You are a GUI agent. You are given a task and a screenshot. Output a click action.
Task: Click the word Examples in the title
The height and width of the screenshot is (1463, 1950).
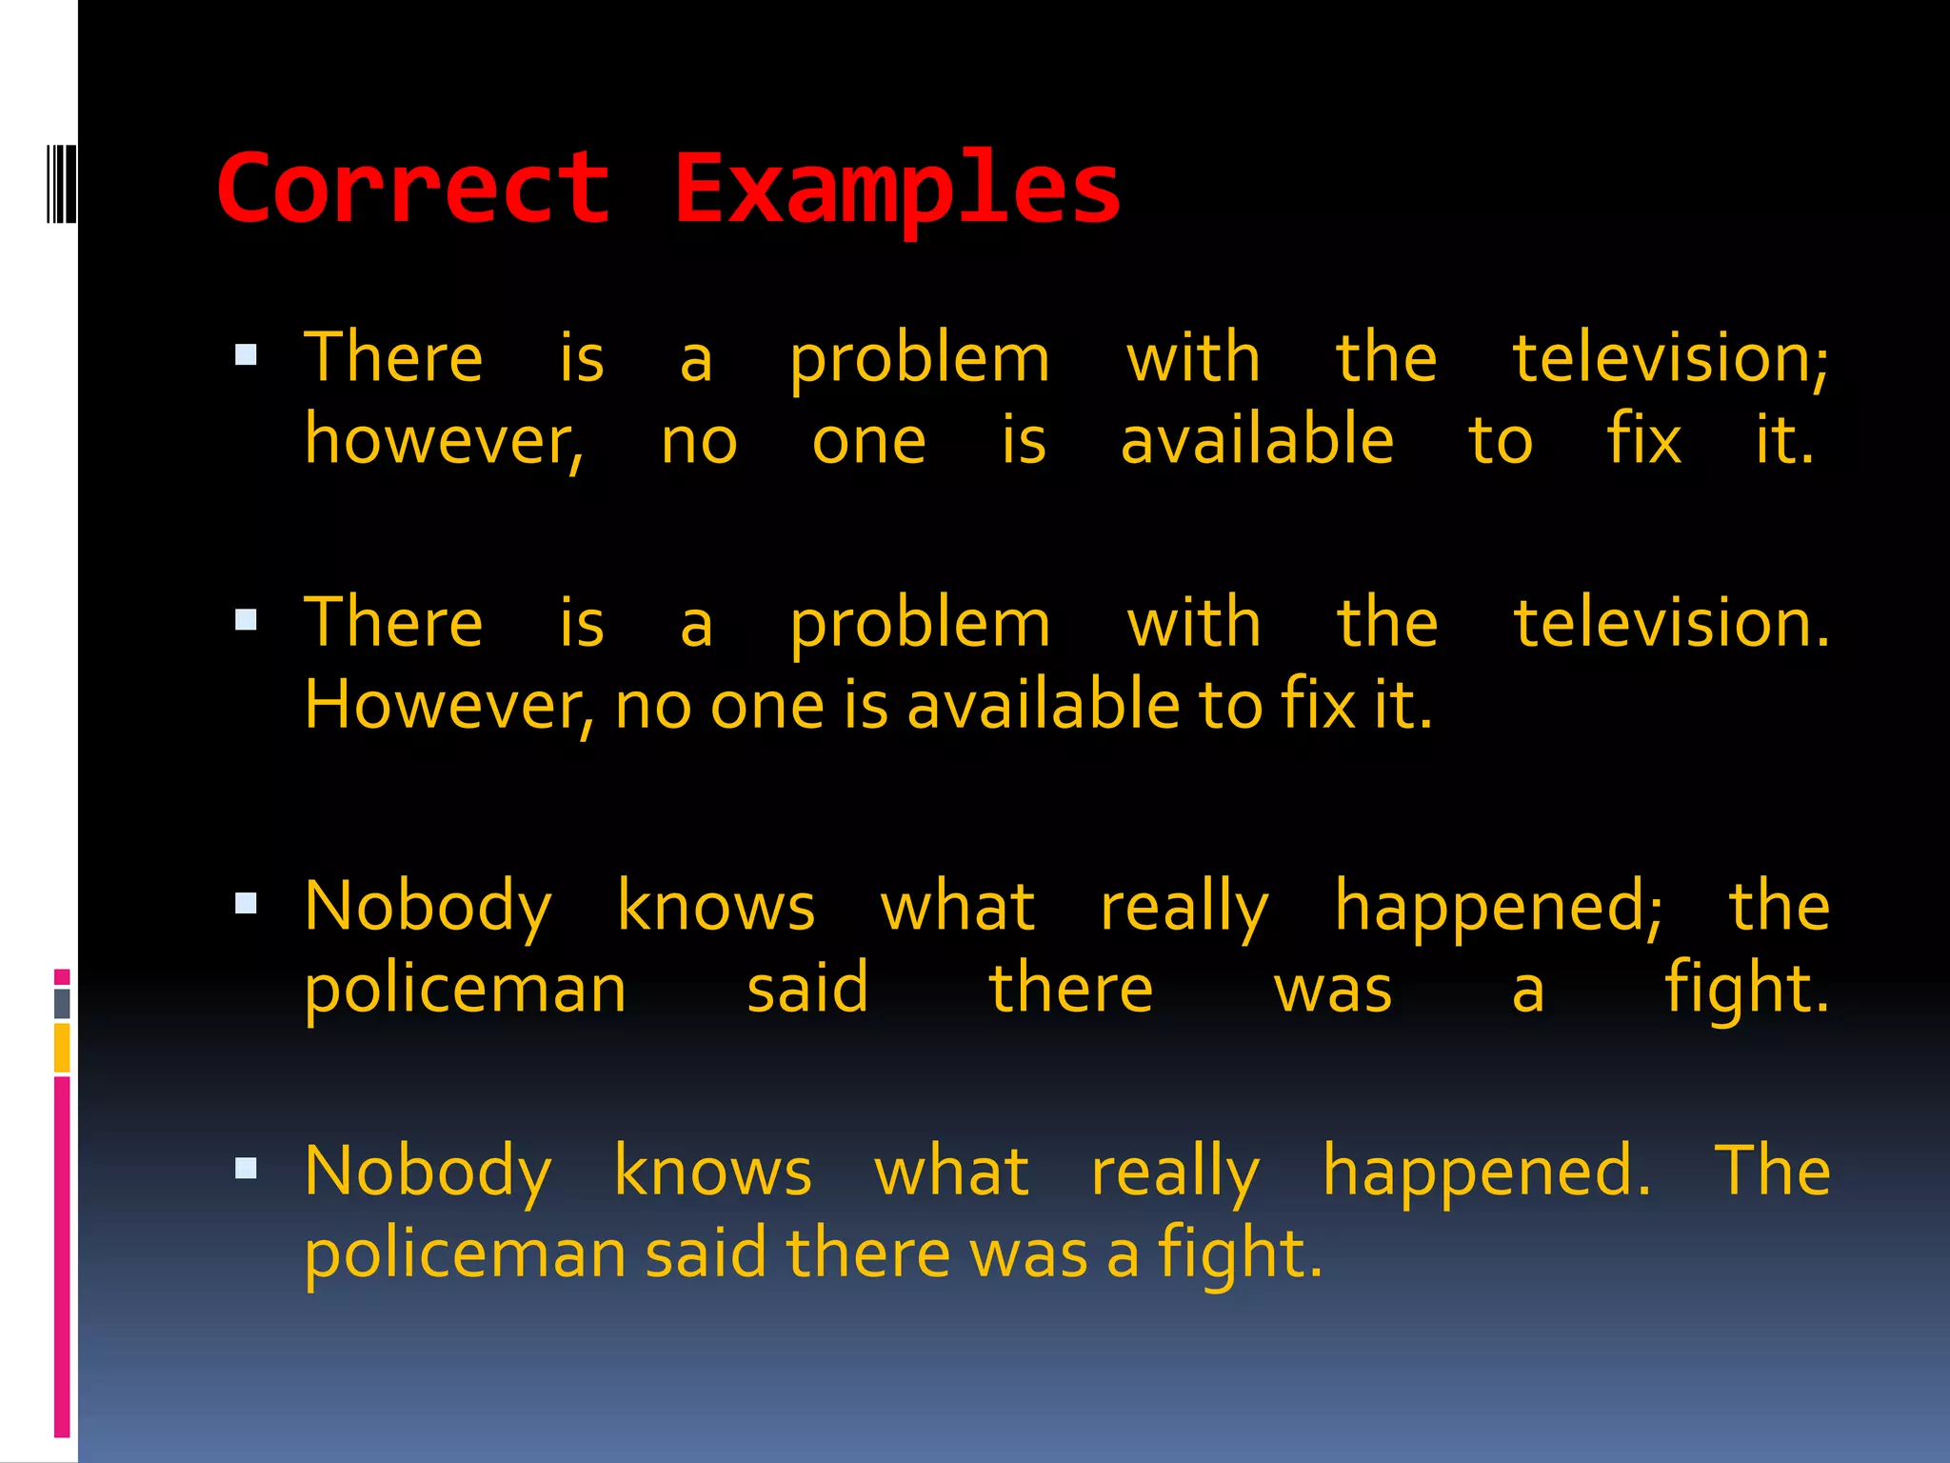[897, 190]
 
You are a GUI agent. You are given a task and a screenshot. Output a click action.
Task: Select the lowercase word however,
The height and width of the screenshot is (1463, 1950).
[444, 442]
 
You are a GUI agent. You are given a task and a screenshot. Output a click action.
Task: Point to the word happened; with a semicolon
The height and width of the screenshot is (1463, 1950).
[1498, 908]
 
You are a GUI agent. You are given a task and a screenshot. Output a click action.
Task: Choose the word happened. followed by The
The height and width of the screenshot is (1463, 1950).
[1486, 1172]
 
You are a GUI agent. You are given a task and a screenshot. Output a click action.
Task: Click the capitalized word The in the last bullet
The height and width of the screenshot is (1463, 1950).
[1772, 1171]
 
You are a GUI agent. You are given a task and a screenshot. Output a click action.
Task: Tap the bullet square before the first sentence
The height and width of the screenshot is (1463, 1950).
[247, 355]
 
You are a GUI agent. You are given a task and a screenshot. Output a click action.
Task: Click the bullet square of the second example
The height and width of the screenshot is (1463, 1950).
[247, 620]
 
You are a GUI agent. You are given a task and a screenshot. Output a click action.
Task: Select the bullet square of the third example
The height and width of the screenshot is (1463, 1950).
[247, 903]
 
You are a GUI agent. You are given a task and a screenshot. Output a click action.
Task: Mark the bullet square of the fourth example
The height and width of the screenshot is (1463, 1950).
[247, 1168]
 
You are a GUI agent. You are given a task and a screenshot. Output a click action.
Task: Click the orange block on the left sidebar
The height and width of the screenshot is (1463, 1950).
[62, 1048]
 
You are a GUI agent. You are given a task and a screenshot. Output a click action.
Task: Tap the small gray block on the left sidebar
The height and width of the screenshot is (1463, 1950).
[62, 1003]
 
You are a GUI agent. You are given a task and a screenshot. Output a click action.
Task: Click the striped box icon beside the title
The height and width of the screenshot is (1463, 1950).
[61, 184]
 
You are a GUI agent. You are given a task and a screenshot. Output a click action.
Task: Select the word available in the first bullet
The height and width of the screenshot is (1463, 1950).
[1257, 441]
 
